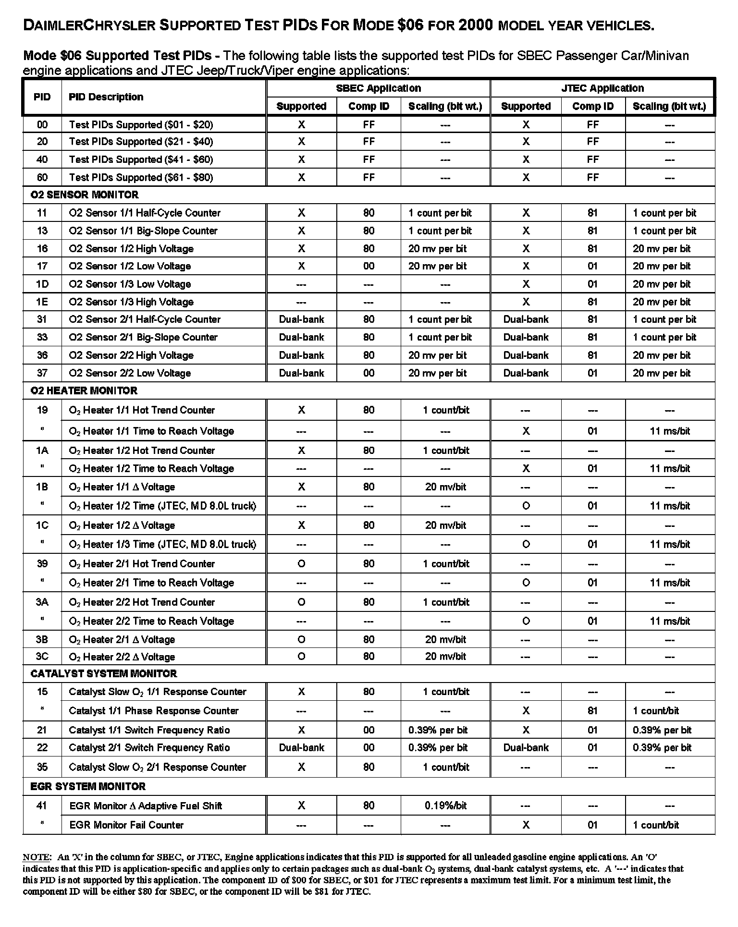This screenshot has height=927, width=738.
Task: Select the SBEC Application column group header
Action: (378, 88)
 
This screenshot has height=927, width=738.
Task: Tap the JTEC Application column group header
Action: (602, 88)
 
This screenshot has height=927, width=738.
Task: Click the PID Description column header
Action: (106, 97)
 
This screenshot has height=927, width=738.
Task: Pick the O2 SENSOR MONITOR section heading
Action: (85, 195)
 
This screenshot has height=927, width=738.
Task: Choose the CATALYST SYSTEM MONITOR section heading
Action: (103, 674)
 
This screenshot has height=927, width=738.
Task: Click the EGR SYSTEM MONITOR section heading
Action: (87, 787)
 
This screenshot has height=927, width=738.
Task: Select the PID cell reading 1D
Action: (42, 284)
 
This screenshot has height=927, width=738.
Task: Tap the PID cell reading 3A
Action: (42, 602)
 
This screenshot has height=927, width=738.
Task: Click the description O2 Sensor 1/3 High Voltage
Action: (131, 302)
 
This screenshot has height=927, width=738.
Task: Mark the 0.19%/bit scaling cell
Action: (445, 806)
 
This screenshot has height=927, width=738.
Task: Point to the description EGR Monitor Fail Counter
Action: (126, 825)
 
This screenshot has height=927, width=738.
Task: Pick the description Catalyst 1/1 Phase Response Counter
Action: (154, 711)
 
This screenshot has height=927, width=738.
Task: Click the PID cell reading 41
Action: (42, 806)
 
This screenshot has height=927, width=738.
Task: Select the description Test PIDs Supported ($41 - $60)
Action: (141, 159)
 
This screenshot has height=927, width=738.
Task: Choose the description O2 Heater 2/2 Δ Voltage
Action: (122, 657)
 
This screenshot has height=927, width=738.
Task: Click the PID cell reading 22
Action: (42, 748)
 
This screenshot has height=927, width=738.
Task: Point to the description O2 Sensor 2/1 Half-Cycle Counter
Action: (145, 320)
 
